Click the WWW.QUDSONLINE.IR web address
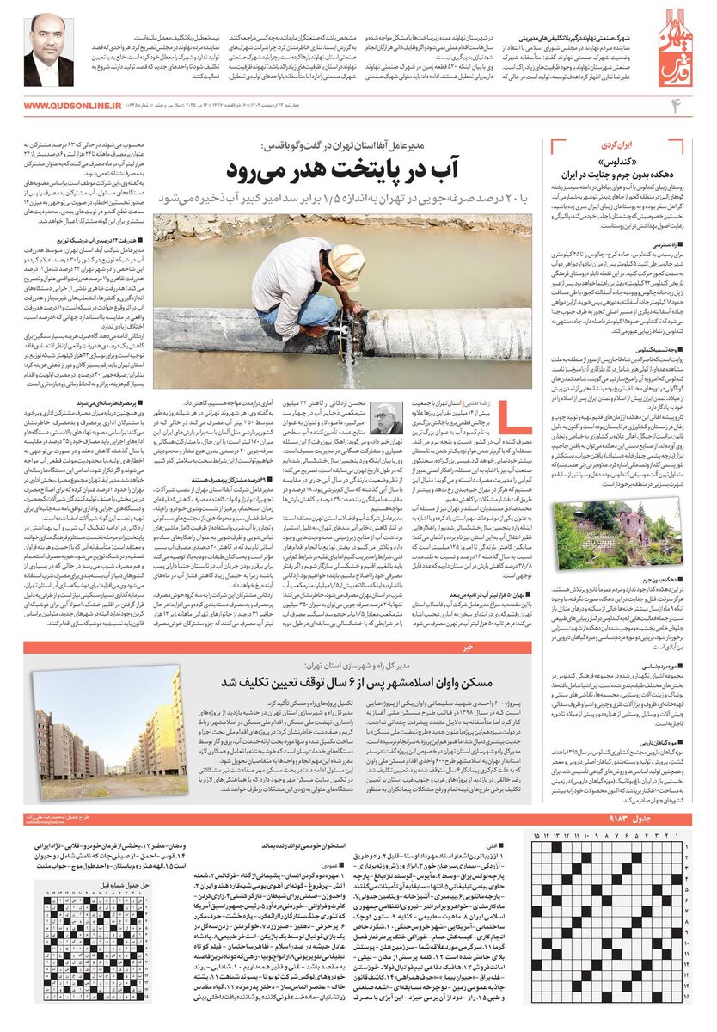72,106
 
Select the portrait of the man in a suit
48,51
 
